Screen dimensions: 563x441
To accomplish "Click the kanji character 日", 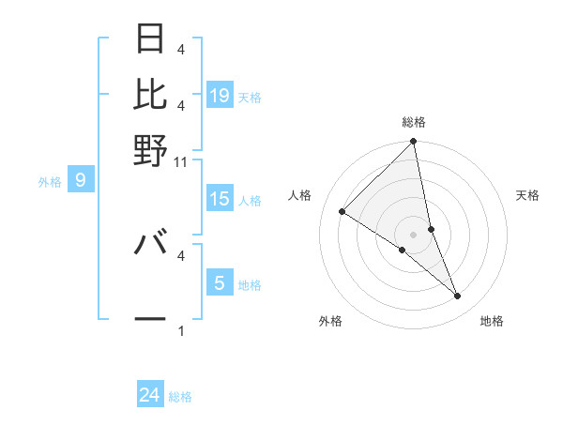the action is pyautogui.click(x=151, y=38).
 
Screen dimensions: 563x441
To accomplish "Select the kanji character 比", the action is pyautogui.click(x=151, y=94).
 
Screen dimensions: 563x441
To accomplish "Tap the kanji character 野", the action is pyautogui.click(x=151, y=150).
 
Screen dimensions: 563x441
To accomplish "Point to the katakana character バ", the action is pyautogui.click(x=151, y=243).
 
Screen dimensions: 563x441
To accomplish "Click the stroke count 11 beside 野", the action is pyautogui.click(x=181, y=161).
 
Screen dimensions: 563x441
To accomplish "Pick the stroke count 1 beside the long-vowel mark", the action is pyautogui.click(x=181, y=331).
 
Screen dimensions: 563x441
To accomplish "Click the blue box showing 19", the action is pyautogui.click(x=220, y=96).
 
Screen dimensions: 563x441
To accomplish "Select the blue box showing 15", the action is pyautogui.click(x=220, y=199).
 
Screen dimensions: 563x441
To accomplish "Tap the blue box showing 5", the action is pyautogui.click(x=220, y=282).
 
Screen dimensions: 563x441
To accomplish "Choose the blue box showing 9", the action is pyautogui.click(x=81, y=180).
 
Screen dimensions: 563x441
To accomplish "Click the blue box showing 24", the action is pyautogui.click(x=150, y=396).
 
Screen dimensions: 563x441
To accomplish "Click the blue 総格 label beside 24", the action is pyautogui.click(x=180, y=397).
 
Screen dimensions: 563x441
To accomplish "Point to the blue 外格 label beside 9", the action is pyautogui.click(x=50, y=182).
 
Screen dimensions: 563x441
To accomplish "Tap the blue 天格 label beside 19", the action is pyautogui.click(x=250, y=97).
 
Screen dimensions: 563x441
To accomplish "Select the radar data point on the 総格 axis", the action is pyautogui.click(x=414, y=142).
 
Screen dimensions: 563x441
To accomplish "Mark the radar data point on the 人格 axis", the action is pyautogui.click(x=342, y=212).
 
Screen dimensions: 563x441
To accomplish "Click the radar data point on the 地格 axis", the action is pyautogui.click(x=458, y=296).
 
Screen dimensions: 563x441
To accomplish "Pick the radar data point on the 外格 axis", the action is pyautogui.click(x=402, y=250).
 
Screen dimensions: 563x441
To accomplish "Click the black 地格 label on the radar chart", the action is pyautogui.click(x=492, y=322).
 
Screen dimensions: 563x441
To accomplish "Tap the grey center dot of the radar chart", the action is pyautogui.click(x=414, y=234).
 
